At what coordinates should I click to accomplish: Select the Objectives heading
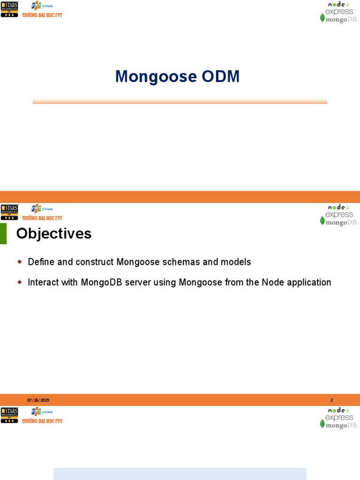[x=54, y=233]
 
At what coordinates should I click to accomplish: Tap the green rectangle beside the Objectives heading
[x=3, y=233]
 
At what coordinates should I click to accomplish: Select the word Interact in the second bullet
[x=42, y=282]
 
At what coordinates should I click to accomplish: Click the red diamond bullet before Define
[x=20, y=262]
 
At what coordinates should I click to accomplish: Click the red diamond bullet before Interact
[x=20, y=282]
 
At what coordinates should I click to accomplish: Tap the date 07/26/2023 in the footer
[x=38, y=400]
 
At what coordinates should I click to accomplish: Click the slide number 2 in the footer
[x=331, y=400]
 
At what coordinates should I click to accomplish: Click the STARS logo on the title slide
[x=9, y=9]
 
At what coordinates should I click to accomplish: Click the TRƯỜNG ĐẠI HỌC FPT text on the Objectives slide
[x=42, y=218]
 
